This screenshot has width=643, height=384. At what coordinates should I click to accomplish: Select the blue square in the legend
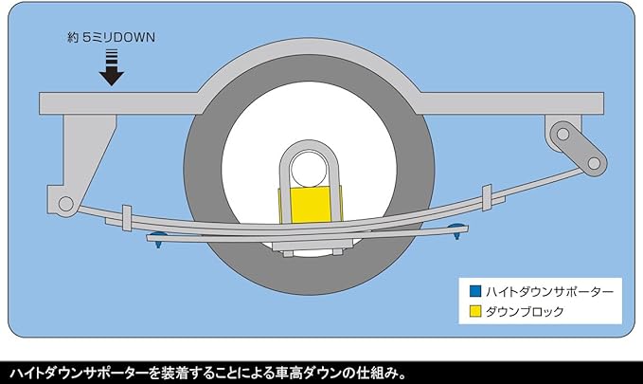point(475,291)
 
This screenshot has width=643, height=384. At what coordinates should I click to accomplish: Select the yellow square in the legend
point(475,310)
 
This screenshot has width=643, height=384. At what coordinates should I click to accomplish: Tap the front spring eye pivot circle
point(64,202)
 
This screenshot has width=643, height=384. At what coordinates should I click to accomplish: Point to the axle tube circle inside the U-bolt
point(307,170)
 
